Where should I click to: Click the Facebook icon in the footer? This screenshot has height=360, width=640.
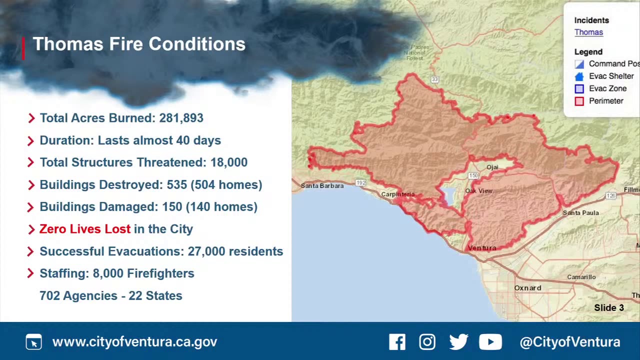pos(397,342)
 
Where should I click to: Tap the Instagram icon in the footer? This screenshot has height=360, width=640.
pos(427,342)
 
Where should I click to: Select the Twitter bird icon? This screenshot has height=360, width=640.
pos(458,342)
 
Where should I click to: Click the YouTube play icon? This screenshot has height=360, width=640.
pos(490,342)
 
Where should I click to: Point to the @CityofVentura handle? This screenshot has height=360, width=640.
pos(570,342)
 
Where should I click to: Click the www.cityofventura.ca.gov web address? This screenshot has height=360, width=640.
pos(134,342)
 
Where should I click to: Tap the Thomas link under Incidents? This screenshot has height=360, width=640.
pos(588,32)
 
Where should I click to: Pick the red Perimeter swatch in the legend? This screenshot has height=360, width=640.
pos(579,101)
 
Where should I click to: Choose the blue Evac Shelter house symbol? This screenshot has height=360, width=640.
pos(579,76)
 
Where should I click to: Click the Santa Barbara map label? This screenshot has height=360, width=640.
pos(322,186)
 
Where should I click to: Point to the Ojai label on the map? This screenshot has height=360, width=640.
pos(492,167)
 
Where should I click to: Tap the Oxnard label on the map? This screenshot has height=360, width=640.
pos(527,288)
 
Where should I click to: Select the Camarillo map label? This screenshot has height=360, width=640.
pos(581,277)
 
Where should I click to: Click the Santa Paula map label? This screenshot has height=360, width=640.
pos(580,213)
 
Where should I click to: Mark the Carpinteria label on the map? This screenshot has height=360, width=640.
pos(397,194)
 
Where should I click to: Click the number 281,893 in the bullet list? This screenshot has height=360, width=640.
pos(181,118)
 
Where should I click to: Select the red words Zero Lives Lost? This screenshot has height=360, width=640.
pos(85,229)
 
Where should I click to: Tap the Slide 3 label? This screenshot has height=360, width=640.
pos(608,308)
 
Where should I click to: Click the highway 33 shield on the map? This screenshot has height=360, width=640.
pos(435,79)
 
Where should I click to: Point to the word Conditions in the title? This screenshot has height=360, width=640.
pos(197,44)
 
